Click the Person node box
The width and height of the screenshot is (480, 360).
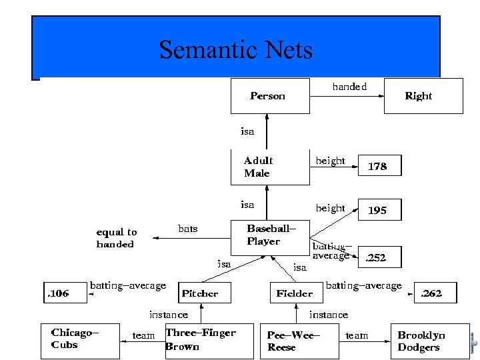tap(270, 96)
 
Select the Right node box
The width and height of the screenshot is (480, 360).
tap(423, 96)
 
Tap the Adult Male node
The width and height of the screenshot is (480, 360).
tap(270, 167)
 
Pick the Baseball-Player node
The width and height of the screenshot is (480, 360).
tap(271, 237)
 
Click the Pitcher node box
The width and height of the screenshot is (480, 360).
tap(201, 293)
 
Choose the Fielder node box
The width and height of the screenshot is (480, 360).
tap(294, 293)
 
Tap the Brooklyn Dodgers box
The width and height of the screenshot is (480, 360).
tap(424, 341)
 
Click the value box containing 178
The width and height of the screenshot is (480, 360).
tap(379, 166)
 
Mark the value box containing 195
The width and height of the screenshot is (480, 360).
tap(379, 210)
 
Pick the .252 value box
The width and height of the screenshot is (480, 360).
tap(379, 257)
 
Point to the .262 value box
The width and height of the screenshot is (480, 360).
tap(436, 293)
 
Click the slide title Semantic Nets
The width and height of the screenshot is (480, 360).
tap(236, 50)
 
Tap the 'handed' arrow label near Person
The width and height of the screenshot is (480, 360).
tap(349, 87)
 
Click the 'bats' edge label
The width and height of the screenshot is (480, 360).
tap(188, 229)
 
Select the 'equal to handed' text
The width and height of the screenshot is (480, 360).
tap(117, 238)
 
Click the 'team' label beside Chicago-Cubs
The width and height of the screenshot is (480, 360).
tap(143, 335)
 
